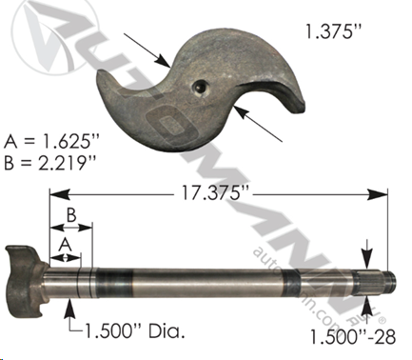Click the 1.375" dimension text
[x=333, y=31]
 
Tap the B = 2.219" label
[x=49, y=163]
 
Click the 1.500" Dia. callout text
[x=134, y=331]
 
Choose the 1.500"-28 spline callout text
[x=352, y=337]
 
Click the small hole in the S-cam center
[x=199, y=87]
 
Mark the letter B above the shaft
[x=71, y=215]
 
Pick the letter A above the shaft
[x=66, y=245]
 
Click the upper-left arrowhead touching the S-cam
[x=164, y=61]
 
